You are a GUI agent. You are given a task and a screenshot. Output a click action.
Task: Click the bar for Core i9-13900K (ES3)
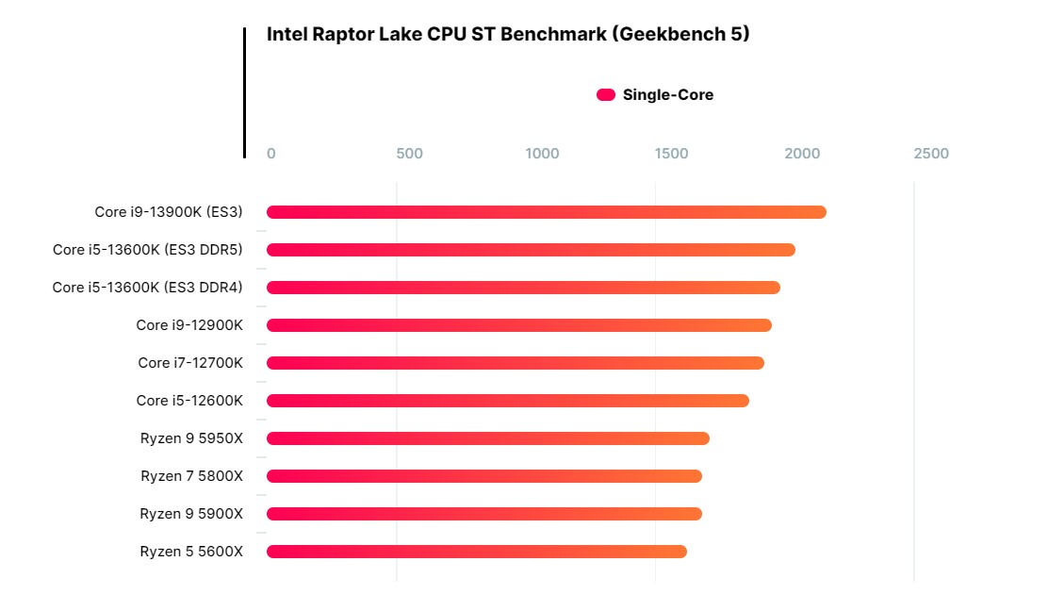[x=547, y=212]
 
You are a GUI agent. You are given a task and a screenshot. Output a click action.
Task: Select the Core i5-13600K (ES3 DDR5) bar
[x=531, y=250]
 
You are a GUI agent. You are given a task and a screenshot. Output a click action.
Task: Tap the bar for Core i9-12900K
[x=519, y=325]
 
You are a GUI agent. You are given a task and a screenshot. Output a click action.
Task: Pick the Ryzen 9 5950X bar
[x=488, y=438]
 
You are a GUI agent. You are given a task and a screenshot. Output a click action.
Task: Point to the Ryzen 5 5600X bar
[x=477, y=552]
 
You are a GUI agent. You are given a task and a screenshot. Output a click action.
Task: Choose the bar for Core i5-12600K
[x=508, y=401]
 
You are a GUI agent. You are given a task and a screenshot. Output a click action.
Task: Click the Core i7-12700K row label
[x=190, y=363]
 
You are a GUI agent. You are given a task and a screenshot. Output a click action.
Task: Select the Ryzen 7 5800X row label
[x=191, y=476]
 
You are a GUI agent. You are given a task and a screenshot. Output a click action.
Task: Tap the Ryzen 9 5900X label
[x=191, y=514]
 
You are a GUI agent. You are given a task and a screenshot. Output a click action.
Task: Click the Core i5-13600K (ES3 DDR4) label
[x=147, y=288]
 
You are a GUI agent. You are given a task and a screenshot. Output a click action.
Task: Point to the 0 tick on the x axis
[x=271, y=154]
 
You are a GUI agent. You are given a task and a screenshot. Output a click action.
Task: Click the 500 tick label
[x=410, y=154]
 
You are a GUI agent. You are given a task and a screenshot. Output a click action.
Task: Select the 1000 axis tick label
[x=542, y=154]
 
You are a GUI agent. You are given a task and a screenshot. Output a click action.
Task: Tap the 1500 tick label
[x=671, y=154]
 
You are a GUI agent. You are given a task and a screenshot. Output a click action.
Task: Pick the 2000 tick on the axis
[x=802, y=154]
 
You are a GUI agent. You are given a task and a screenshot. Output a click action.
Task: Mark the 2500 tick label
[x=931, y=154]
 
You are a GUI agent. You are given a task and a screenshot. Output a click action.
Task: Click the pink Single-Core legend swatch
[x=606, y=95]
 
